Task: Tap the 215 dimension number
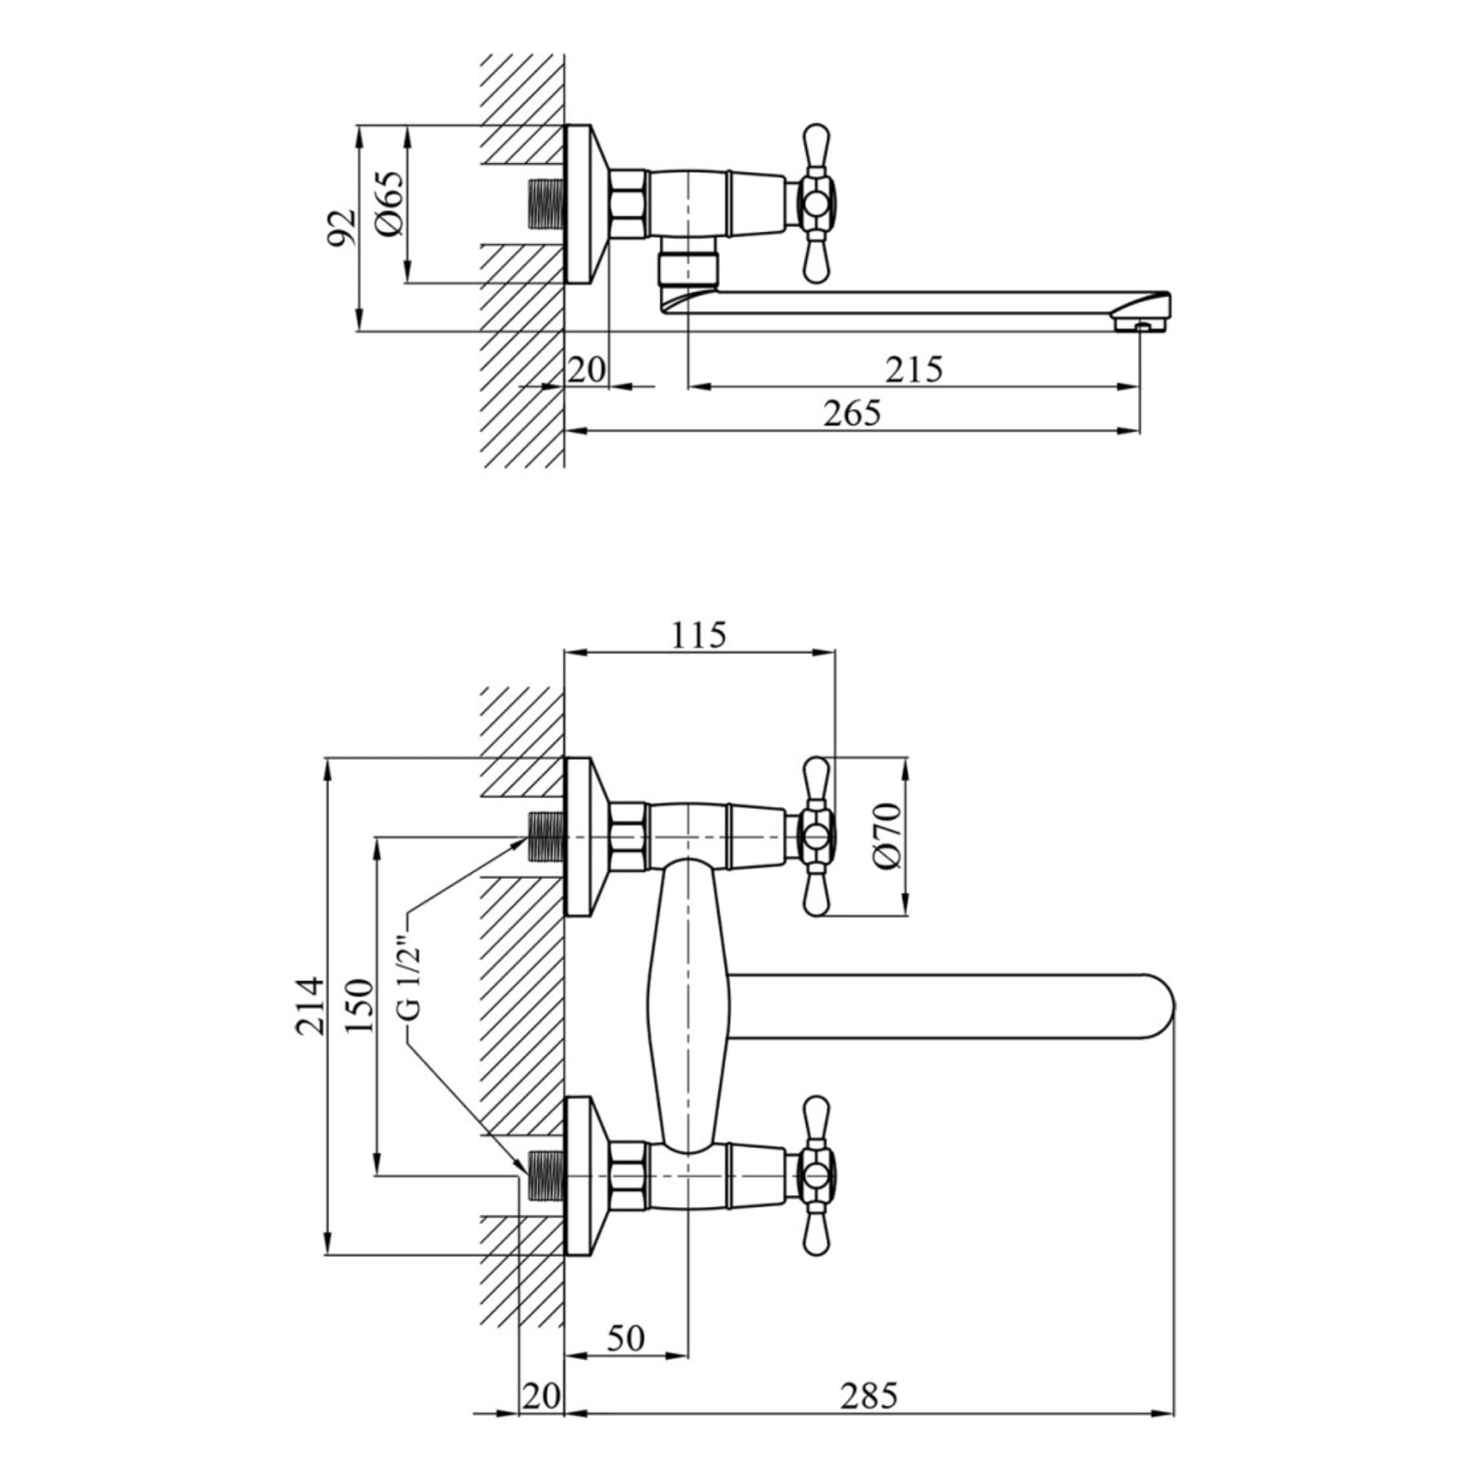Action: [913, 369]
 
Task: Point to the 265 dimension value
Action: [852, 413]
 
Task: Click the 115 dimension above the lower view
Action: [698, 635]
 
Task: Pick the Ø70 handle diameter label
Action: [888, 836]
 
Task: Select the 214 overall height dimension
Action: [310, 1005]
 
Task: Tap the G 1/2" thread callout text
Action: [409, 980]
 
